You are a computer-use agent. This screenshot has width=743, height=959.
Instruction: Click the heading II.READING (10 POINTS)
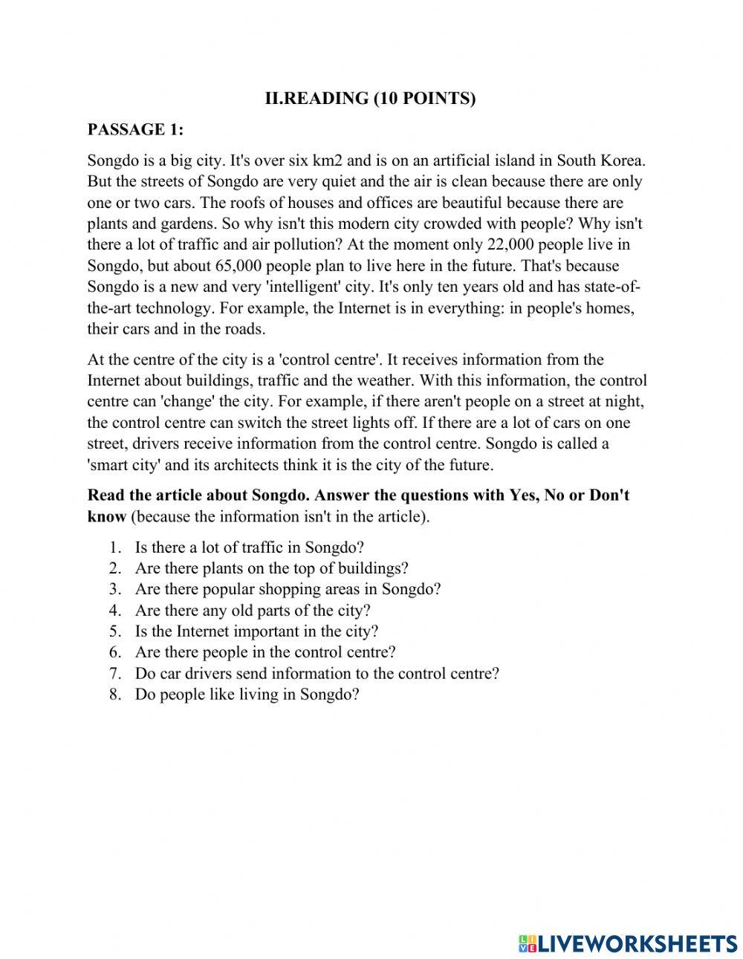[370, 98]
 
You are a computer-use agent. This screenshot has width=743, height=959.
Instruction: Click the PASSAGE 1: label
[134, 129]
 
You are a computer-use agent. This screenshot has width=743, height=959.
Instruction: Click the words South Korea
[602, 160]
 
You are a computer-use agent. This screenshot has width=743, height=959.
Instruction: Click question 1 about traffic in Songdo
[249, 547]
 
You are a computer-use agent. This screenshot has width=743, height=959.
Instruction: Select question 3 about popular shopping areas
[288, 589]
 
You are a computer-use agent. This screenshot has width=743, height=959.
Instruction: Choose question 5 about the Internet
[256, 631]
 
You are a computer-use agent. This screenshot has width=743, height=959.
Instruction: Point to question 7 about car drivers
[317, 674]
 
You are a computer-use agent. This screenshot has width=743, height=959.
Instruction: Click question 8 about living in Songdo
[247, 695]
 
